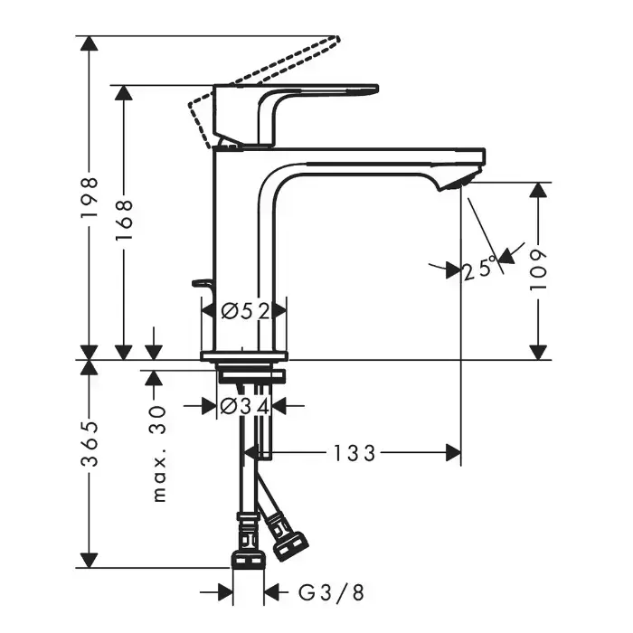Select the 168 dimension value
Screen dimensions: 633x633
coord(124,219)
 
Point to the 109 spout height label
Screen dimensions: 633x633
coord(538,269)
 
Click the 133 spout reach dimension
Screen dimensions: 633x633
coord(354,453)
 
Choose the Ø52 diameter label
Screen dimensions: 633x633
coord(245,311)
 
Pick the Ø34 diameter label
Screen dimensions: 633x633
coord(245,406)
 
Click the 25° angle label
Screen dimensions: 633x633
coord(479,269)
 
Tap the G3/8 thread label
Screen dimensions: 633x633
coord(331,592)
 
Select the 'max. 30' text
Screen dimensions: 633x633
coord(159,454)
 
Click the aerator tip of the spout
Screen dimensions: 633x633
coord(460,181)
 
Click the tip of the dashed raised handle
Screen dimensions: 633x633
coord(335,39)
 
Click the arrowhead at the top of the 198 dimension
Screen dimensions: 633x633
coord(90,43)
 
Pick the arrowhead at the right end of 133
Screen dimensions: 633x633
coord(453,453)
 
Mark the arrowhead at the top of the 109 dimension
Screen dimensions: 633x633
coord(538,190)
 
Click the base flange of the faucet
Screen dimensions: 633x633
coord(244,355)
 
